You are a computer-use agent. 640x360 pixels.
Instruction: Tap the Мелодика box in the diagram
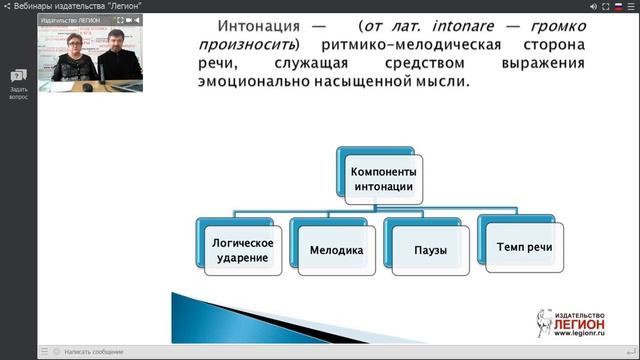click(x=336, y=249)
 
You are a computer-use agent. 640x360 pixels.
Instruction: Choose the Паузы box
click(x=429, y=250)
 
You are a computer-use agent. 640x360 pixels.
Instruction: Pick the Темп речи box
click(x=523, y=246)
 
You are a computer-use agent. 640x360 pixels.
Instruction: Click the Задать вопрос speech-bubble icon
click(x=18, y=76)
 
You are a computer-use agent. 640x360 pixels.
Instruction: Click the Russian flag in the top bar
click(x=616, y=6)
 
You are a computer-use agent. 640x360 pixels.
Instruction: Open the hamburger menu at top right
click(x=631, y=6)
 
